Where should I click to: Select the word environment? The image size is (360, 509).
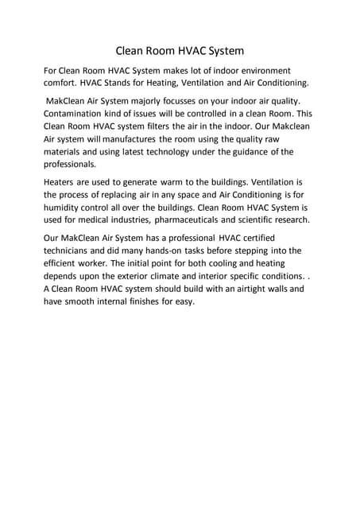[258, 71]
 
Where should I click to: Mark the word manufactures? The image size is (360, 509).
[136, 139]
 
